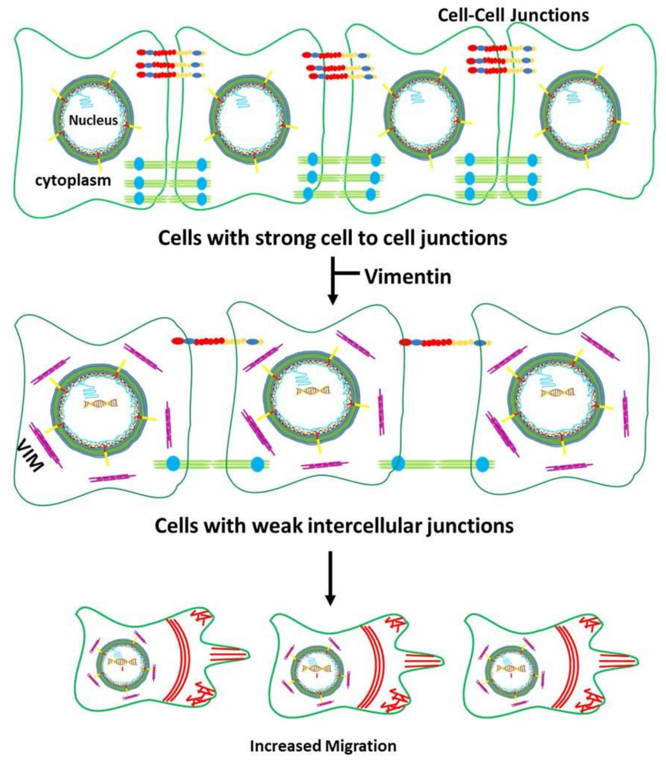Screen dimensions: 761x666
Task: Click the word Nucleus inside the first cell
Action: [93, 120]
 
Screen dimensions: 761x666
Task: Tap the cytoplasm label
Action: [73, 180]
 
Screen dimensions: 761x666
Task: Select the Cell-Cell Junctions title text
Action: [513, 16]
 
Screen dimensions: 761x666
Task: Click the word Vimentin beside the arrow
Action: [408, 277]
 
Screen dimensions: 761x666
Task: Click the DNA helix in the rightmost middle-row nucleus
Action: [557, 393]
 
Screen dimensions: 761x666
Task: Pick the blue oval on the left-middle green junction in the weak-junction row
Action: [173, 464]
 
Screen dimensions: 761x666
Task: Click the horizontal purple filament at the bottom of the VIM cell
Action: [113, 477]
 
